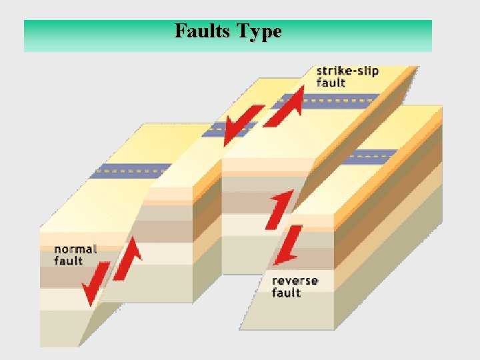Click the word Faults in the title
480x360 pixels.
pyautogui.click(x=199, y=31)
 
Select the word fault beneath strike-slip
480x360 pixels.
pyautogui.click(x=331, y=83)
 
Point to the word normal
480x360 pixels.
pyautogui.click(x=75, y=249)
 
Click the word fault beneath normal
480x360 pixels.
pyautogui.click(x=68, y=261)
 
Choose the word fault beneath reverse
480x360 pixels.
pyautogui.click(x=286, y=293)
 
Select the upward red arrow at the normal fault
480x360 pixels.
pyautogui.click(x=129, y=258)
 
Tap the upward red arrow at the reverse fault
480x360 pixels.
pyautogui.click(x=281, y=207)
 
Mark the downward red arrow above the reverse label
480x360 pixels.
pyautogui.click(x=289, y=245)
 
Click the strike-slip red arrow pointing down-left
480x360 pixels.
pyautogui.click(x=239, y=125)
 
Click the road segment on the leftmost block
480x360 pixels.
pyautogui.click(x=131, y=170)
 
